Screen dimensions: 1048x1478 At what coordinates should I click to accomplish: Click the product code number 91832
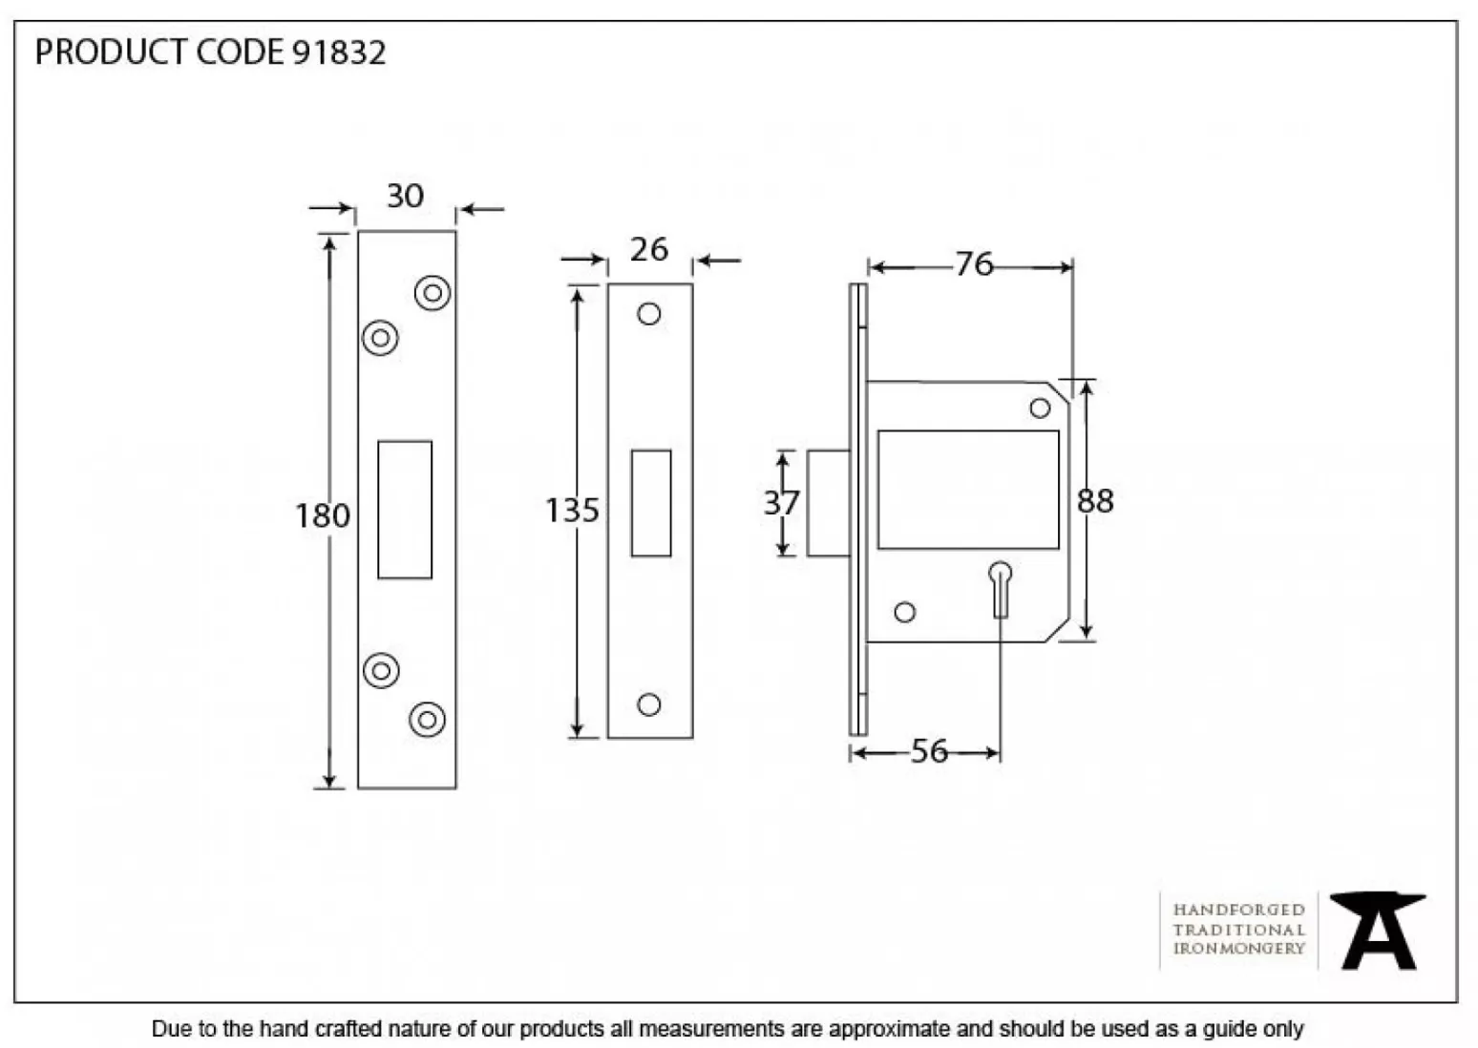pyautogui.click(x=339, y=52)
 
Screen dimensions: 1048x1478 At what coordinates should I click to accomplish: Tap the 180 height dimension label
pyautogui.click(x=322, y=515)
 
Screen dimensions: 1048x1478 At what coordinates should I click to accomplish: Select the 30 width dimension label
pyautogui.click(x=405, y=196)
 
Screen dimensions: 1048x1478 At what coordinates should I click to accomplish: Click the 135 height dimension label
pyautogui.click(x=571, y=511)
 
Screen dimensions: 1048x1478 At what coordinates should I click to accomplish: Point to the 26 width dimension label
pyautogui.click(x=648, y=250)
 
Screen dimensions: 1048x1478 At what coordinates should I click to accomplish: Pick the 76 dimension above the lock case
pyautogui.click(x=974, y=264)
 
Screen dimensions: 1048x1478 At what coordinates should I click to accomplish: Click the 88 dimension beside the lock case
pyautogui.click(x=1095, y=501)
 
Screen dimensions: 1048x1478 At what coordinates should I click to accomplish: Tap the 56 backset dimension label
pyautogui.click(x=929, y=752)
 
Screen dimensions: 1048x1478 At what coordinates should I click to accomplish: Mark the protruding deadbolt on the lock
pyautogui.click(x=828, y=503)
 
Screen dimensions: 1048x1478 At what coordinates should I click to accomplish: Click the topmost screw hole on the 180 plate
pyautogui.click(x=433, y=293)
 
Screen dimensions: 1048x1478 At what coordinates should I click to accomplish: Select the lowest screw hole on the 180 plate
pyautogui.click(x=427, y=719)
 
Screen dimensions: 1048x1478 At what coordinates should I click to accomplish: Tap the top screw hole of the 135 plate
pyautogui.click(x=649, y=314)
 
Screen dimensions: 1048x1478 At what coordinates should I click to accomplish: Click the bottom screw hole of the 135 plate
pyautogui.click(x=649, y=704)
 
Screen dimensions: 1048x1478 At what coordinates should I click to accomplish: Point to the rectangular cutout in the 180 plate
pyautogui.click(x=405, y=510)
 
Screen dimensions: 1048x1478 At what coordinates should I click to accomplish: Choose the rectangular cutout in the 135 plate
pyautogui.click(x=651, y=503)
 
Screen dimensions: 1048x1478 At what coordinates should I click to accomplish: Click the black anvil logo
pyautogui.click(x=1378, y=931)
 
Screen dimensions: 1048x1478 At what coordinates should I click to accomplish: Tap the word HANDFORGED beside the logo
pyautogui.click(x=1238, y=910)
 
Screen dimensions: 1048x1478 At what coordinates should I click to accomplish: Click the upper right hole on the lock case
pyautogui.click(x=1040, y=409)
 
